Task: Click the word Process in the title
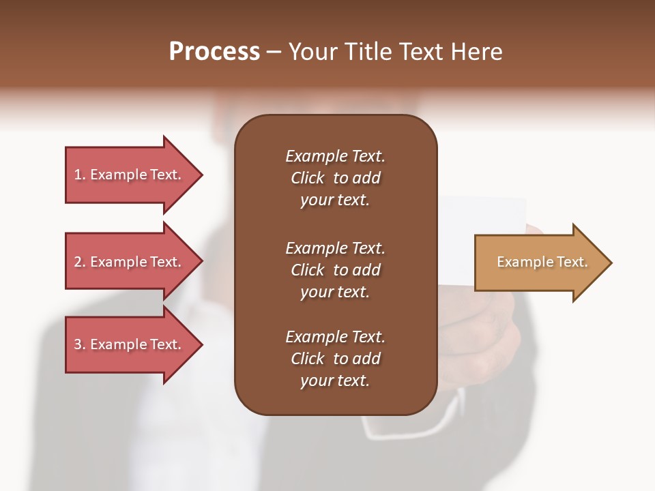point(214,52)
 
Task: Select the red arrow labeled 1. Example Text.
point(130,175)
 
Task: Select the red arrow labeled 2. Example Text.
point(130,262)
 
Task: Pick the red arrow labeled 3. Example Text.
point(130,344)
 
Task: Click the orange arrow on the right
point(539,263)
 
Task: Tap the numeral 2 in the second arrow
point(78,262)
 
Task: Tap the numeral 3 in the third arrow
point(78,344)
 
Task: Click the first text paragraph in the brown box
point(335,178)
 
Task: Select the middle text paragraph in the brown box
point(335,270)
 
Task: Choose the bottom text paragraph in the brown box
point(335,359)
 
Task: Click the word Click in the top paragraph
point(308,178)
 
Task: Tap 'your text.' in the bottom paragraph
point(335,381)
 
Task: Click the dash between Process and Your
point(274,53)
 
